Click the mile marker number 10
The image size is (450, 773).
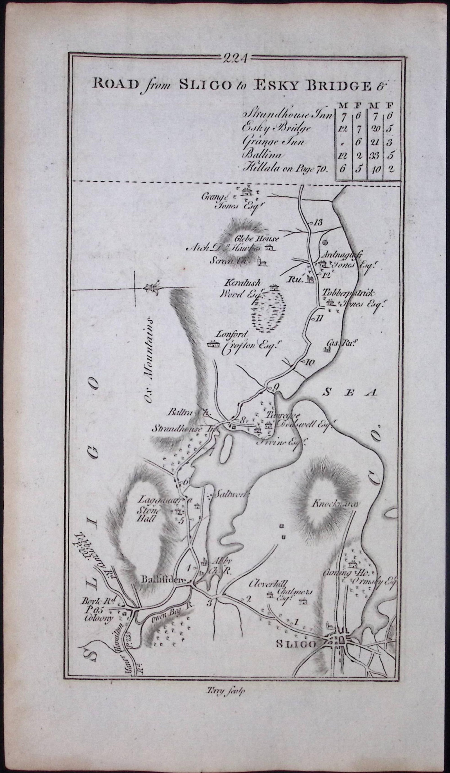pos(309,362)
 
